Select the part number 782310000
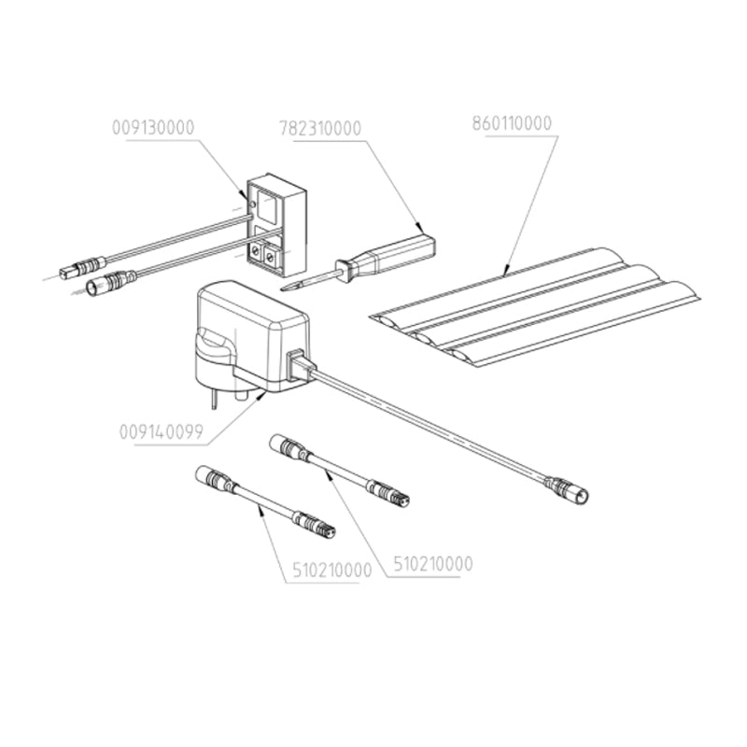point(320,128)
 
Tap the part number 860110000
point(512,122)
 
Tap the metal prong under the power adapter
point(216,399)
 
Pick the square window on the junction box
point(266,206)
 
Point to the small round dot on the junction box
point(249,197)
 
